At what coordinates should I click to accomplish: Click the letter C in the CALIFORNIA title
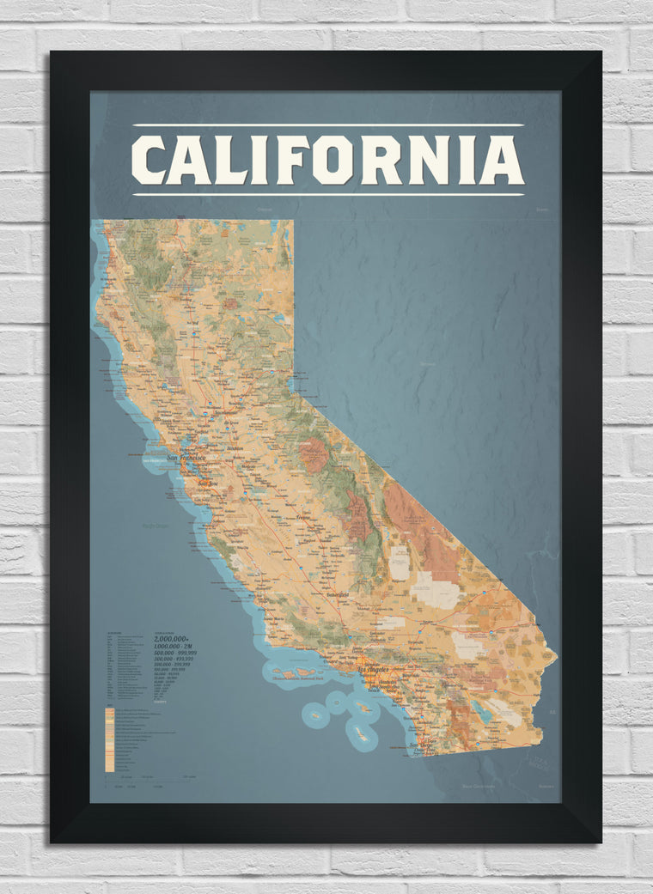pos(149,161)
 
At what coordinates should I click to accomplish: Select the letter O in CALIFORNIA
pos(332,161)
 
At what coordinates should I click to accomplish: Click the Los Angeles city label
pos(373,670)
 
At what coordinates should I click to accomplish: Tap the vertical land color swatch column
pos(109,739)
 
